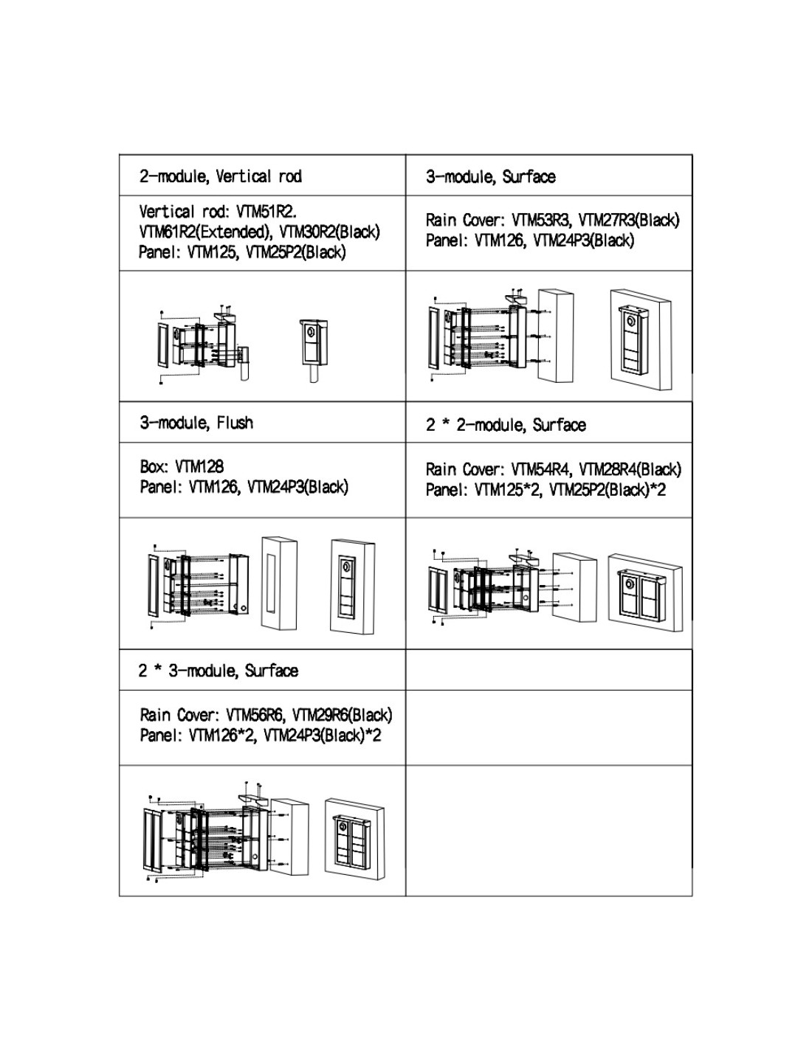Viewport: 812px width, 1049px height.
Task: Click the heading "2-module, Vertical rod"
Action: point(220,176)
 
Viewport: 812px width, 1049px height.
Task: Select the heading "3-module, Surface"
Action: point(490,176)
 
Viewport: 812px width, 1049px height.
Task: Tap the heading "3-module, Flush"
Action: point(196,423)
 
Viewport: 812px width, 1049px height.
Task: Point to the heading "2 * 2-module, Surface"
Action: point(506,425)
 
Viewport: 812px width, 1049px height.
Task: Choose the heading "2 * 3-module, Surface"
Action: point(219,671)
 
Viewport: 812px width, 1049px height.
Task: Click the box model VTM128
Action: point(199,466)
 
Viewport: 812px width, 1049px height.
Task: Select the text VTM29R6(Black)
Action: point(342,715)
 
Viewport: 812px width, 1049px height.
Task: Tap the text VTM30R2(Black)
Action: point(330,232)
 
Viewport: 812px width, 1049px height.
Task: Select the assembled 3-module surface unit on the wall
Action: point(639,339)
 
